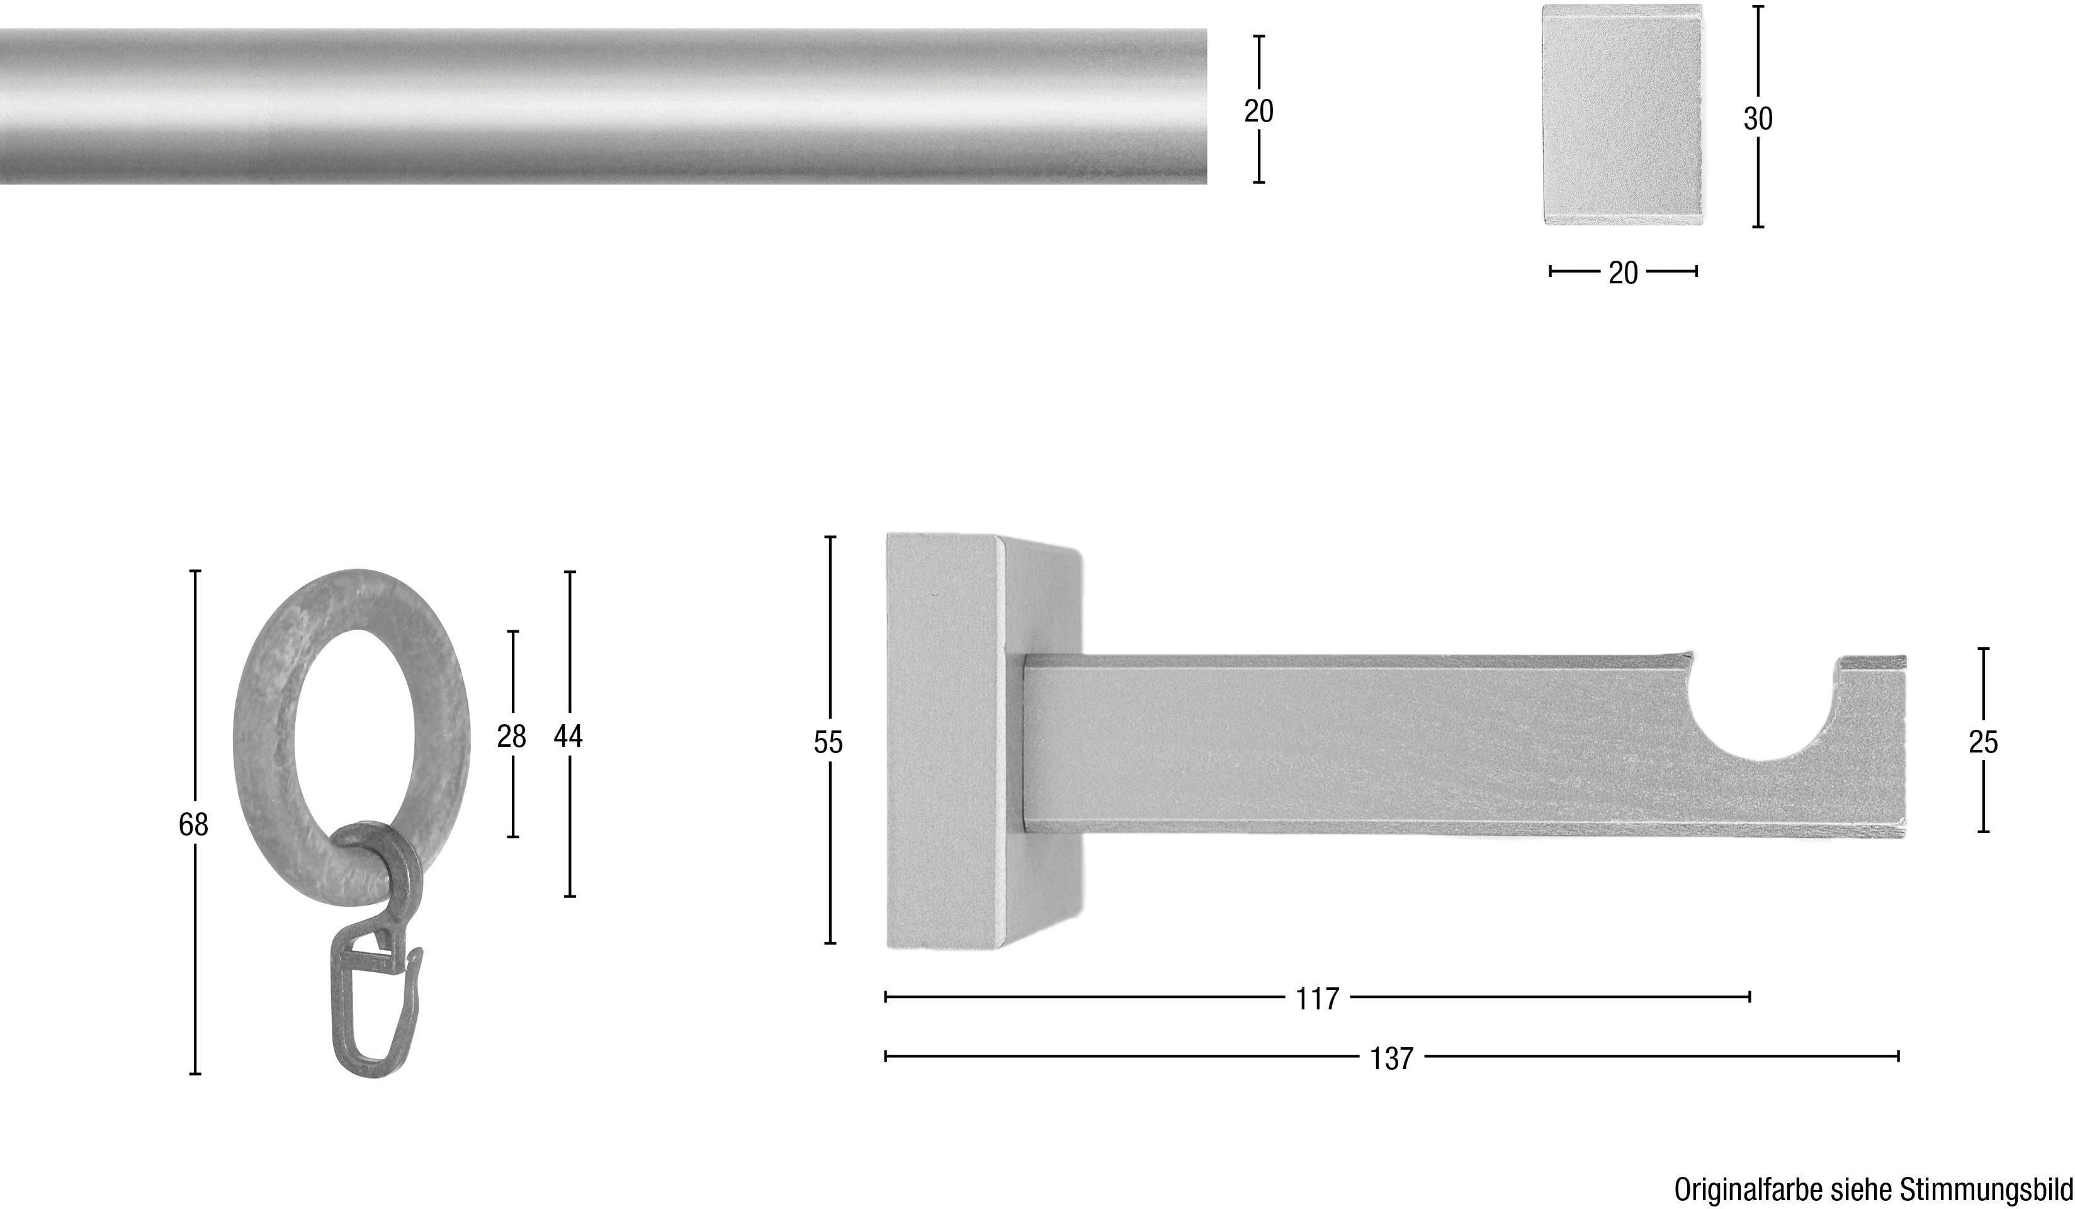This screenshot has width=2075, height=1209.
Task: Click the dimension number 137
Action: tap(1391, 1059)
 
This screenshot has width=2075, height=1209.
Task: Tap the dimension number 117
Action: tap(1318, 999)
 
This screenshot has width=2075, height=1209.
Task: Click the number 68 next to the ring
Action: tap(193, 824)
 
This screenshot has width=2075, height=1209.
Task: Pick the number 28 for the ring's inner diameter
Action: tap(511, 736)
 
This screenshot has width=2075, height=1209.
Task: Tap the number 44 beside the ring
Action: tap(568, 736)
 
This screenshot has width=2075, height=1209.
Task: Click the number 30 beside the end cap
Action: tap(1758, 120)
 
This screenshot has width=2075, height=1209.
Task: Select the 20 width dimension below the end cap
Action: tap(1624, 273)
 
